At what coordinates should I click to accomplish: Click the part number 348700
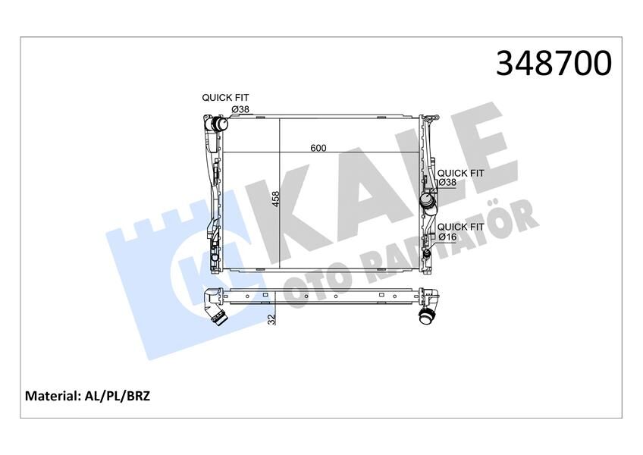554,64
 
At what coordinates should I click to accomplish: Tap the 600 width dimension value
318,148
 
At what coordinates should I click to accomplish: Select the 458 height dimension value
276,199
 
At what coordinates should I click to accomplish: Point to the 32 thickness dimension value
271,320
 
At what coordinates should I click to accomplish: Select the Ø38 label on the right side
447,183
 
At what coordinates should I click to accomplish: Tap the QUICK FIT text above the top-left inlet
224,98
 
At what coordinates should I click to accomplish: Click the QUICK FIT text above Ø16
461,226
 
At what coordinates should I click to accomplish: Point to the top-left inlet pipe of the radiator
219,123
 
